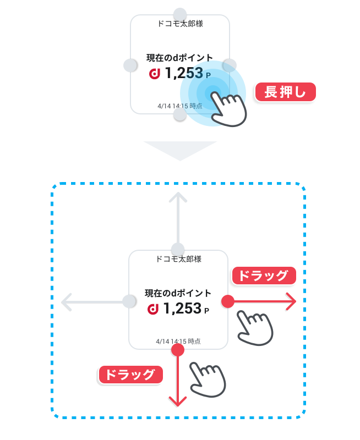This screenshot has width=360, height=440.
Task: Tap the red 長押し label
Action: click(285, 92)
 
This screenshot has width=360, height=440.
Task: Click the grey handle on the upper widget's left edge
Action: click(130, 65)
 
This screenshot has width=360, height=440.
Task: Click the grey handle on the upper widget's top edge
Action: click(180, 14)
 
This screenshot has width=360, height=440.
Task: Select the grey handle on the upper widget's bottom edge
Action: click(180, 114)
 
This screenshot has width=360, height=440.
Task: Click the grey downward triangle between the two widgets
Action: click(180, 149)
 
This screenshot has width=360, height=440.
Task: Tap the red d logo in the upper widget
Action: click(155, 74)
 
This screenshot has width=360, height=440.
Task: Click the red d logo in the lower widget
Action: click(153, 309)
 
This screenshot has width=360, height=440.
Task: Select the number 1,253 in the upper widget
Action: click(184, 73)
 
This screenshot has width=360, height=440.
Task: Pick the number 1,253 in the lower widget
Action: click(182, 309)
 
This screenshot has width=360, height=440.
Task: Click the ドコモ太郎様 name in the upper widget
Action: click(181, 24)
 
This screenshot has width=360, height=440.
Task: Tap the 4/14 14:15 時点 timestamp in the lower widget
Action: click(178, 342)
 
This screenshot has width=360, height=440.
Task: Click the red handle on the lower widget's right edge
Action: click(228, 301)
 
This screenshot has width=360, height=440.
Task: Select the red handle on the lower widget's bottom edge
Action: click(178, 350)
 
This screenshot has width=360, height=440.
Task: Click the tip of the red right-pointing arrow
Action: click(296, 301)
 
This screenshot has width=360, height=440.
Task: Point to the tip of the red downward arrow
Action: click(178, 406)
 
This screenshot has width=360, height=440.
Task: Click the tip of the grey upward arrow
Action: click(178, 193)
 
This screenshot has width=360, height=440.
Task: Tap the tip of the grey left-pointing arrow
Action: click(62, 302)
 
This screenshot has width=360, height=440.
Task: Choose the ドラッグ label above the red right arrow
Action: click(264, 276)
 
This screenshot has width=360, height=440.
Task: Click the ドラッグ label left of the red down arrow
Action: click(130, 375)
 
